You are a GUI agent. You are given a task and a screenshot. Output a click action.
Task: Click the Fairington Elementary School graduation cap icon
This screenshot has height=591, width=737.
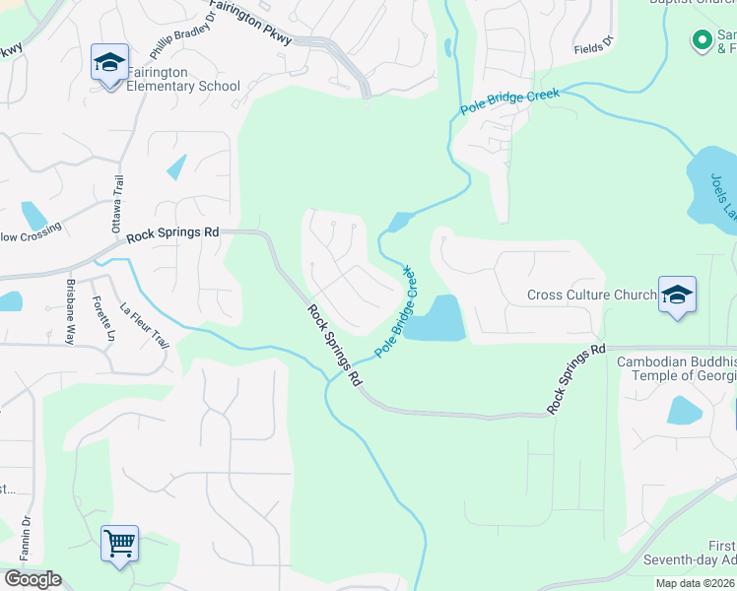point(109,63)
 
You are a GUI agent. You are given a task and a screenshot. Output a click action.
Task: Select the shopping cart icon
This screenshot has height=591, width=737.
point(119,543)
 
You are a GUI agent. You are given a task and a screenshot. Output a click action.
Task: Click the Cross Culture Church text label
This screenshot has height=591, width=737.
point(591,295)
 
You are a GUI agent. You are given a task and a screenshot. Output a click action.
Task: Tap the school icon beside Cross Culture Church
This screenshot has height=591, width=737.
point(677,295)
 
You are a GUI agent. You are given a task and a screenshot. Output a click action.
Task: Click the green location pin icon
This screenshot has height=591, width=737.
point(702,40)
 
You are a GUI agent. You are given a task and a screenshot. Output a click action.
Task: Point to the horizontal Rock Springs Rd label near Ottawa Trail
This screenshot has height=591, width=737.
point(171,233)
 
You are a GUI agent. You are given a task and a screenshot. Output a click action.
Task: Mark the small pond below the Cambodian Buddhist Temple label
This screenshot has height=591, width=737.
point(684,410)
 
